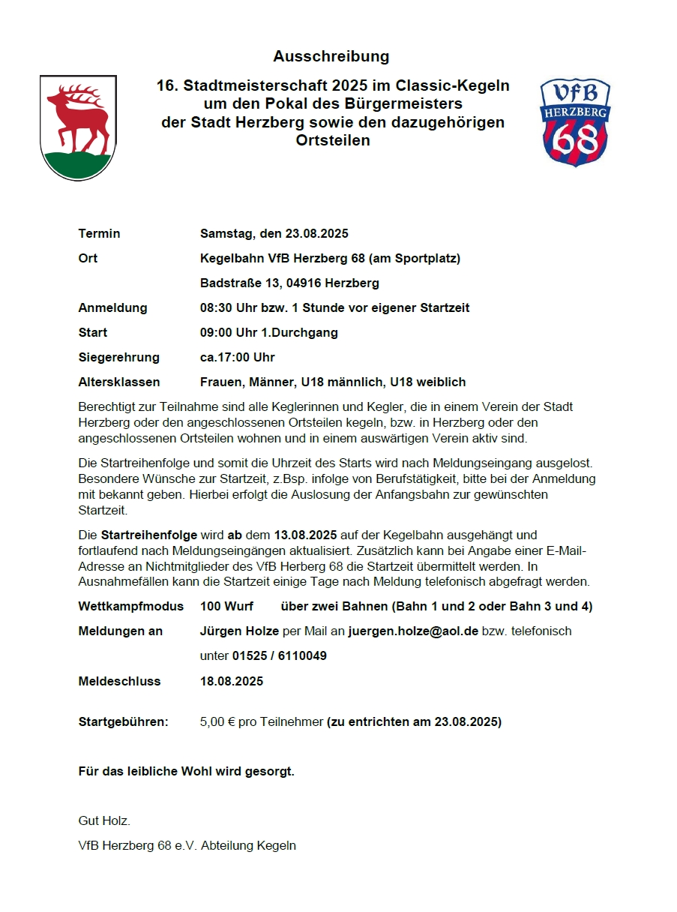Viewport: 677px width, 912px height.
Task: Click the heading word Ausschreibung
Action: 331,56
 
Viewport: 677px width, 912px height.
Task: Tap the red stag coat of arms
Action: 78,127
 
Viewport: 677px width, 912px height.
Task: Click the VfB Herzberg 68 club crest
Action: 575,122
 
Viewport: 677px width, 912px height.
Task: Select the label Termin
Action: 99,233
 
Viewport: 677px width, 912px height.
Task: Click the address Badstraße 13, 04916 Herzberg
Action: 289,283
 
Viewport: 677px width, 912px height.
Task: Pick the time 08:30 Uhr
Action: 227,307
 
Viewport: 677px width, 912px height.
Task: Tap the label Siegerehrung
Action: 118,357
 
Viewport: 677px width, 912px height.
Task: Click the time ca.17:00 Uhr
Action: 237,357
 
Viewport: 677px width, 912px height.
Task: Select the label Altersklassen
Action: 118,382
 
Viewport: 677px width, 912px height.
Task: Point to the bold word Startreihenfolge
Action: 148,535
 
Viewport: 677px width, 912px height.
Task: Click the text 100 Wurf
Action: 226,606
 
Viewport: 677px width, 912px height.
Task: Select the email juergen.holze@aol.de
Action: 413,631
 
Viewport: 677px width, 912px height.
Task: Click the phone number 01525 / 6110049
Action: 279,655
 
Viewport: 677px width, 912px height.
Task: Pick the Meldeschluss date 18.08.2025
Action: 232,681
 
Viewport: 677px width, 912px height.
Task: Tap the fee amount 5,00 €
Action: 217,722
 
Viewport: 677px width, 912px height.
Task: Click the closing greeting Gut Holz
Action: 104,820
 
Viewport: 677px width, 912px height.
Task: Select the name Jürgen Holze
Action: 239,631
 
